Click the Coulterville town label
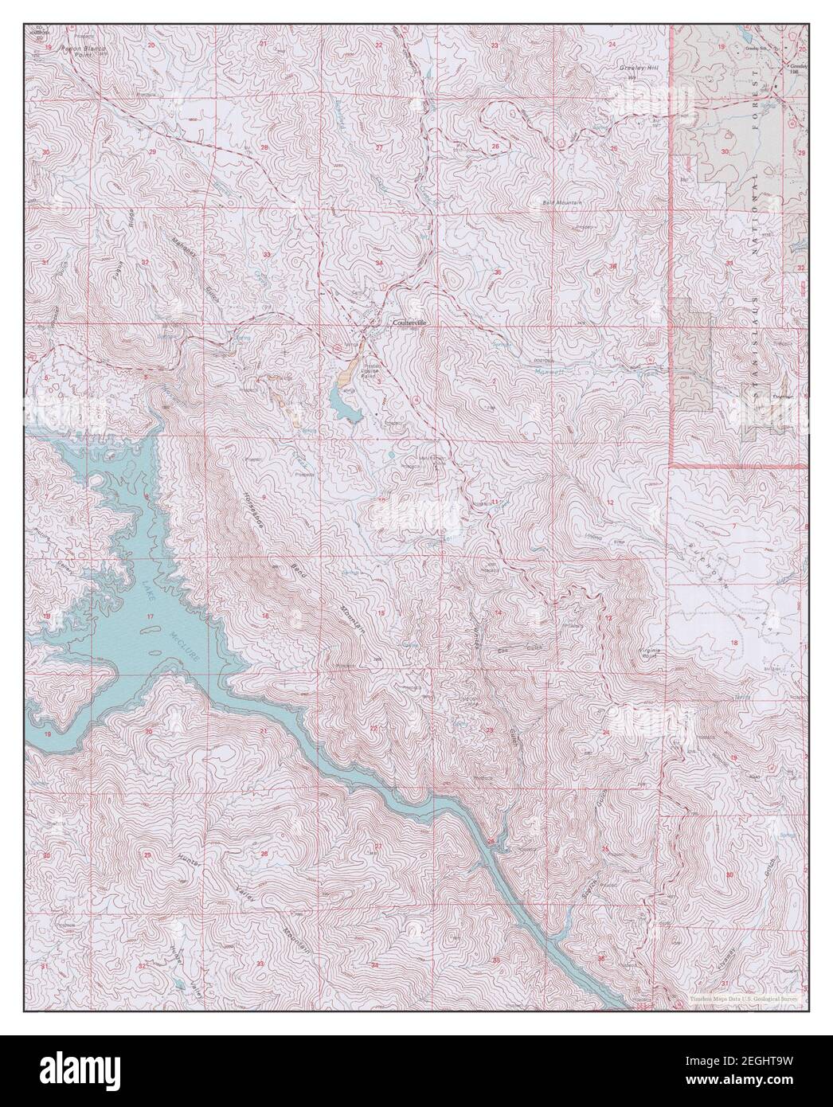coord(409,324)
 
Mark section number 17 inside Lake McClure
coord(150,618)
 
